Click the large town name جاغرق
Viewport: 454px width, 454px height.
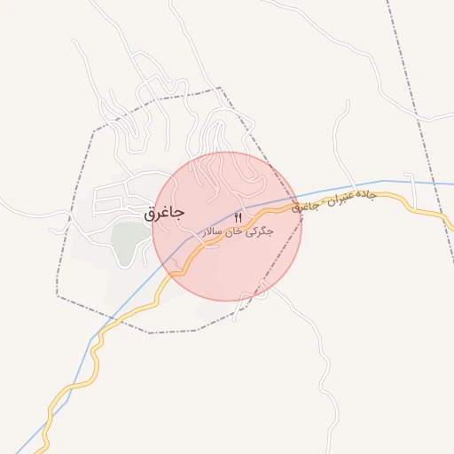[x=163, y=214]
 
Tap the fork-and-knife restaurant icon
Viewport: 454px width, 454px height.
[x=238, y=217]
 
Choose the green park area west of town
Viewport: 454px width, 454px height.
[x=129, y=238]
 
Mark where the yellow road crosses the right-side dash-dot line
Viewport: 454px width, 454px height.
[x=438, y=214]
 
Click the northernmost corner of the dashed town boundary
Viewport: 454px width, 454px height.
[x=219, y=88]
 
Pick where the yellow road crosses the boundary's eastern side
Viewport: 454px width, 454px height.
[x=295, y=210]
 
